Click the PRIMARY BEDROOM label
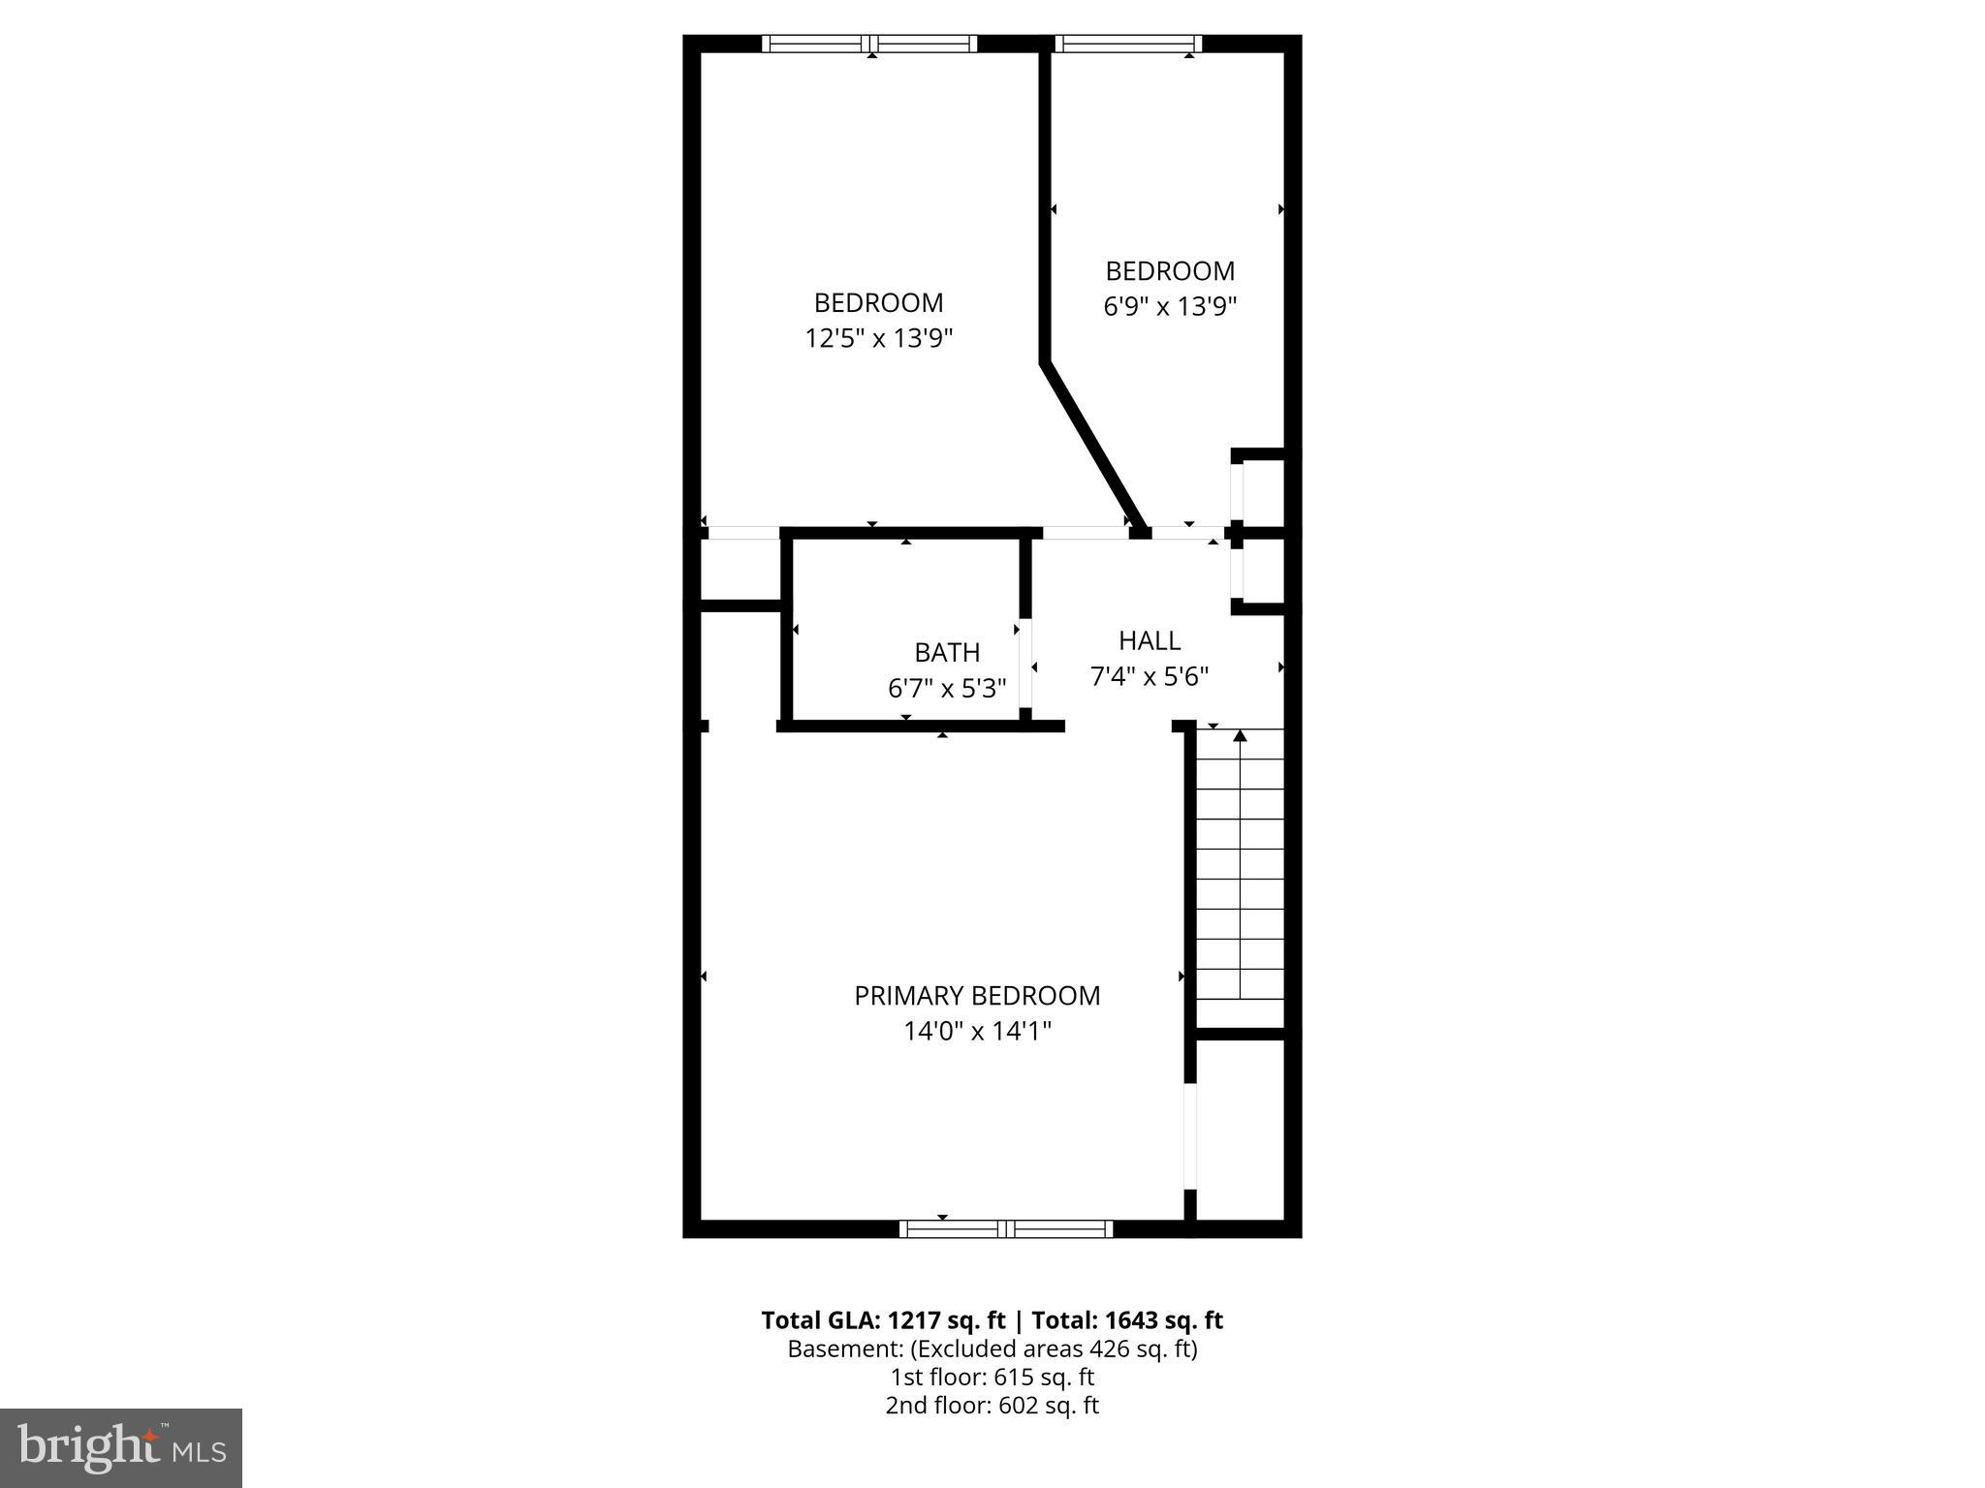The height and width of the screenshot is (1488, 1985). (x=977, y=996)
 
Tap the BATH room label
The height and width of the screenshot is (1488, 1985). (x=947, y=652)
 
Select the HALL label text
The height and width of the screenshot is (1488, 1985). (x=1150, y=640)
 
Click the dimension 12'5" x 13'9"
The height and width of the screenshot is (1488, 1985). (x=879, y=338)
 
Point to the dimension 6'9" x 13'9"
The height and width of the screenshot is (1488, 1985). (x=1170, y=306)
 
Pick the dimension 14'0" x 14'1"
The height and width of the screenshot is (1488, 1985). (x=977, y=1032)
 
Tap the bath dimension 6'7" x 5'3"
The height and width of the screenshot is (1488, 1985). (x=947, y=688)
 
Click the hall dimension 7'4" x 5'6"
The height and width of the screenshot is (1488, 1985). (x=1150, y=676)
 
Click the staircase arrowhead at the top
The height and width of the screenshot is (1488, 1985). (x=1240, y=735)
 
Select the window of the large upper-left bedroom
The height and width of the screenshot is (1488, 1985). (x=869, y=44)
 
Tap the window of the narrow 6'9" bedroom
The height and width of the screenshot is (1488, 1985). (x=1128, y=44)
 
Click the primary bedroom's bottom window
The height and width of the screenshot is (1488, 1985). (x=1006, y=1229)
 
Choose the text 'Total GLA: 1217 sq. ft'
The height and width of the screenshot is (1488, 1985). (x=883, y=1320)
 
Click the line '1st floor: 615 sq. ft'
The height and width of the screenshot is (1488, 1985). (x=992, y=1377)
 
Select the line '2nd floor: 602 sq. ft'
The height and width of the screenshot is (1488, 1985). (x=992, y=1406)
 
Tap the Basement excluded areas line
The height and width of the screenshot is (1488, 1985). (x=992, y=1348)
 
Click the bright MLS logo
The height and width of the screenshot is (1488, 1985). (x=121, y=1448)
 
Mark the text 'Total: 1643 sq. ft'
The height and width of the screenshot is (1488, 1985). (x=1126, y=1320)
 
